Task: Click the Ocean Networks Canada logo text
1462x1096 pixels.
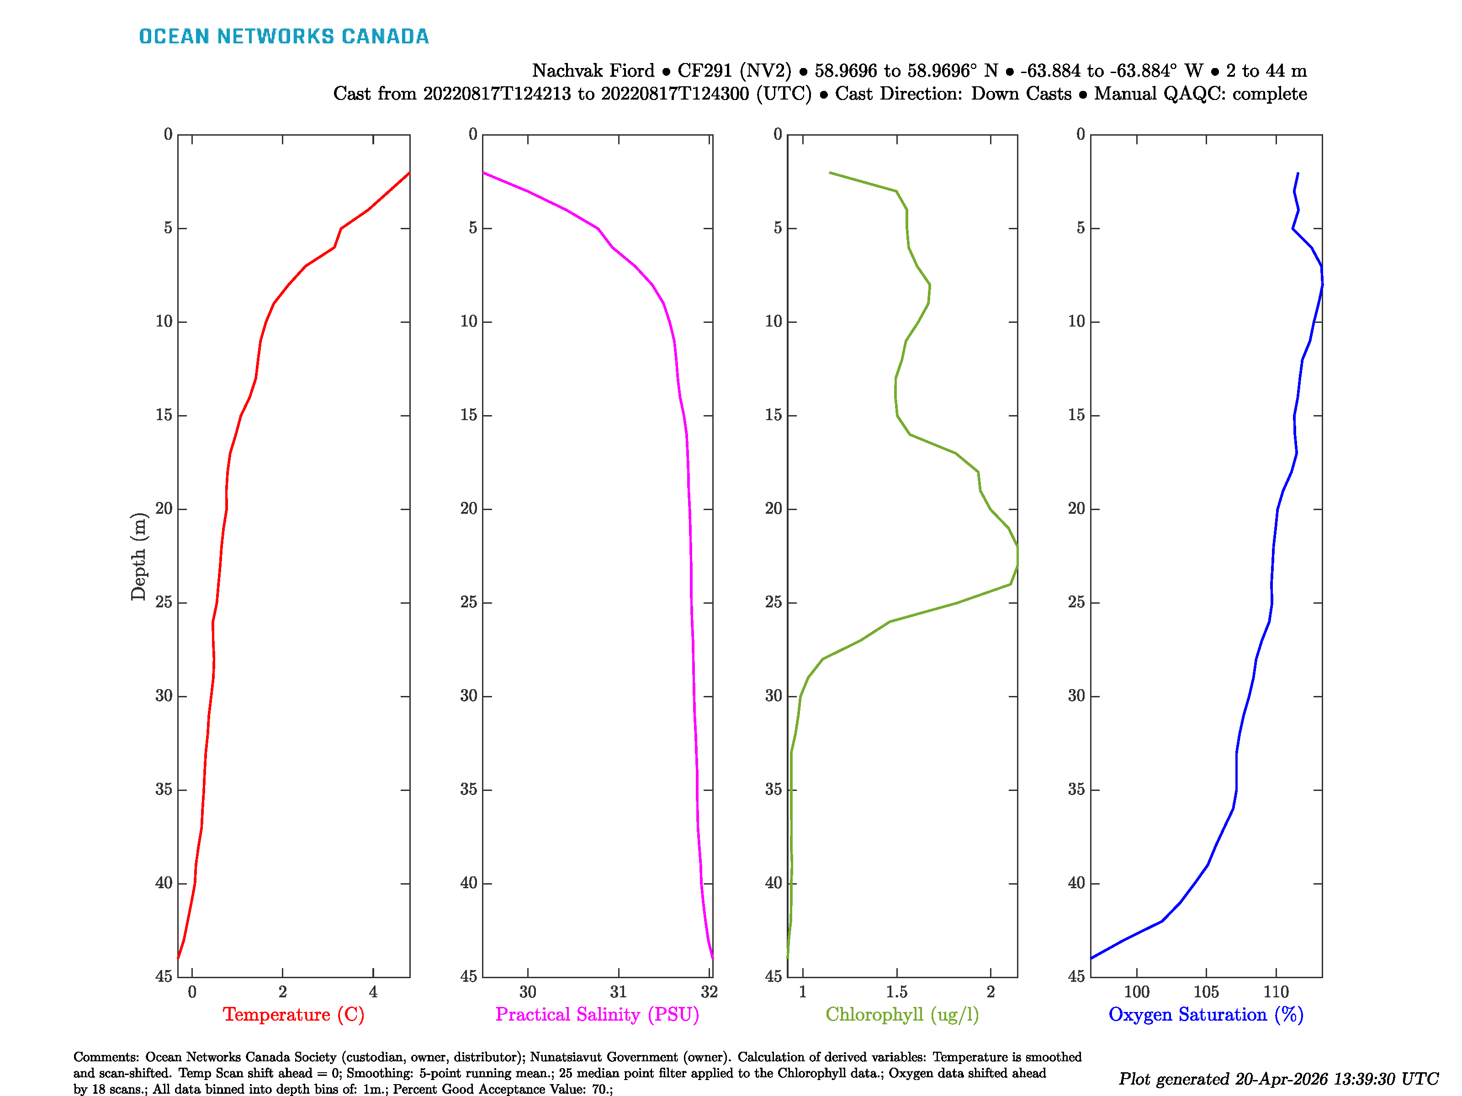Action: point(284,37)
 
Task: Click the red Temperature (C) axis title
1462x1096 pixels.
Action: point(293,1014)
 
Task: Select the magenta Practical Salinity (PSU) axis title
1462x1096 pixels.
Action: point(597,1014)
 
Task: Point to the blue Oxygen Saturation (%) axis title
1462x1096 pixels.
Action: point(1206,1014)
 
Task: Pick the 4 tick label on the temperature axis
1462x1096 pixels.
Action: point(373,991)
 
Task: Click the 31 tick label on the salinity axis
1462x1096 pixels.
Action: point(618,991)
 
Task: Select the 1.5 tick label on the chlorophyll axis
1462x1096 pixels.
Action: point(896,991)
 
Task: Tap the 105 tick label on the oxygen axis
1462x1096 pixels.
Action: point(1206,991)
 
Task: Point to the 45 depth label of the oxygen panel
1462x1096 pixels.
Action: point(1076,976)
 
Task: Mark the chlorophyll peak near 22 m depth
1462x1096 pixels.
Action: point(1017,555)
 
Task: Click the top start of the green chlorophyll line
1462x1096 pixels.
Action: point(830,173)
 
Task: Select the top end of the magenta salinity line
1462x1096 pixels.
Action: point(483,173)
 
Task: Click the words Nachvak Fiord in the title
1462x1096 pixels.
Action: point(593,71)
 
